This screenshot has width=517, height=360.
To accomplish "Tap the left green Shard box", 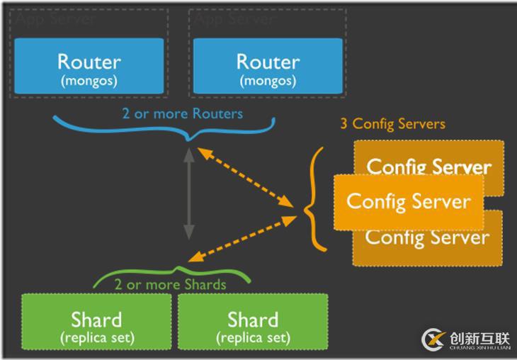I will click(x=96, y=325).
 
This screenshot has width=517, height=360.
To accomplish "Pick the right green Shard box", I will click(x=253, y=325).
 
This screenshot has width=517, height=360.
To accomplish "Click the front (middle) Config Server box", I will click(x=408, y=202).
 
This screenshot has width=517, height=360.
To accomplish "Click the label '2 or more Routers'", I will click(x=182, y=113).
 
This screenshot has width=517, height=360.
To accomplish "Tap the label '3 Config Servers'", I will click(x=392, y=124).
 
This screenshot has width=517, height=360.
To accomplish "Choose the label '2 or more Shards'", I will click(x=170, y=285).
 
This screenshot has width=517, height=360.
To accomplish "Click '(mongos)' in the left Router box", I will click(x=89, y=80).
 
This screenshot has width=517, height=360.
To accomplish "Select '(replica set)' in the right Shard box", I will click(x=253, y=337).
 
